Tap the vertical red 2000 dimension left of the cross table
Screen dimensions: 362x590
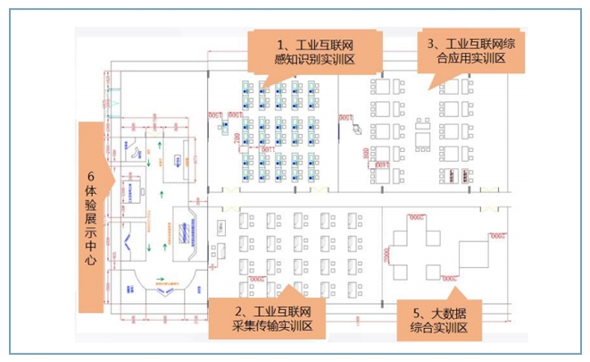pos(386,255)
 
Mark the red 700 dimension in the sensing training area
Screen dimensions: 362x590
pos(237,141)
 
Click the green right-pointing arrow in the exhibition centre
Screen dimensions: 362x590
pos(162,280)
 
